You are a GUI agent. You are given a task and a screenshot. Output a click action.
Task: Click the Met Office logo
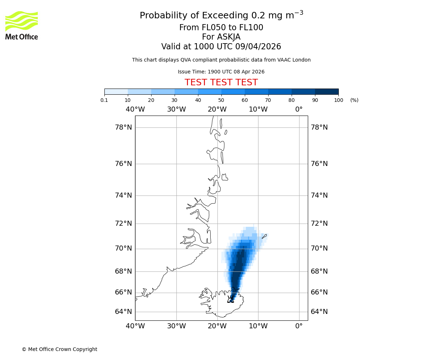click(x=22, y=25)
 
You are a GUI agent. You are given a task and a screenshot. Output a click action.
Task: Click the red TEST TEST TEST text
click(x=221, y=83)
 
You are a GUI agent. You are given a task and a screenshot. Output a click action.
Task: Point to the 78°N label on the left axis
click(x=123, y=127)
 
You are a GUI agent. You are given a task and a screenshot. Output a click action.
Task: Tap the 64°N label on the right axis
click(x=319, y=312)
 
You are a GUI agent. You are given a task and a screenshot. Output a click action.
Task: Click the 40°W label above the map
click(x=135, y=109)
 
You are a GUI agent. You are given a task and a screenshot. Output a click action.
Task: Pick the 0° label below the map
click(x=299, y=326)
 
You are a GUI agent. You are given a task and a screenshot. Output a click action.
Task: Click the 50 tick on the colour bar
click(x=221, y=100)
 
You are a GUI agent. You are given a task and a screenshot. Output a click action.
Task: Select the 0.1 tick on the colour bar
click(x=104, y=100)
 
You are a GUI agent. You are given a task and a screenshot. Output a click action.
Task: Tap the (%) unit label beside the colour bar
click(x=354, y=100)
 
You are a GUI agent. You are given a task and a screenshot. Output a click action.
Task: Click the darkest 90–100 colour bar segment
click(x=327, y=91)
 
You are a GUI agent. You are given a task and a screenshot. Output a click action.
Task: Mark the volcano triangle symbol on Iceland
click(x=230, y=300)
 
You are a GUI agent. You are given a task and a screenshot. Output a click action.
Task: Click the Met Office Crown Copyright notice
click(x=59, y=349)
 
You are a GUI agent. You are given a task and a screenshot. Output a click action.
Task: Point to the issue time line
click(x=221, y=72)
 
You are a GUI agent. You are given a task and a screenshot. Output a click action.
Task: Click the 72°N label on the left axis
click(x=123, y=224)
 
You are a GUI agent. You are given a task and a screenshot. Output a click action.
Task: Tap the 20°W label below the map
click(x=217, y=326)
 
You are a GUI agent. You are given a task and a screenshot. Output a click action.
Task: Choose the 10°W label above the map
click(x=258, y=109)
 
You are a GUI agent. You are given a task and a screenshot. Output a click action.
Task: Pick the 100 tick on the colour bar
click(x=338, y=100)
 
